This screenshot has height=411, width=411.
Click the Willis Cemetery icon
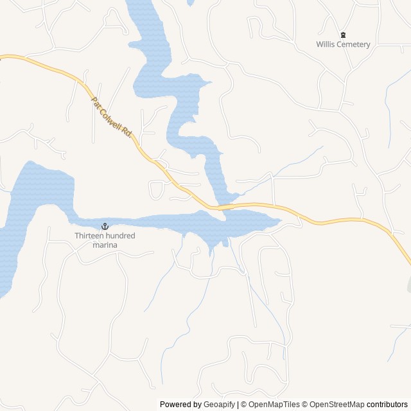coord(343,35)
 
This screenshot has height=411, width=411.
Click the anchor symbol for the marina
coord(105,227)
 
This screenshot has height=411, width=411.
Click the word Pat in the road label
coord(96,103)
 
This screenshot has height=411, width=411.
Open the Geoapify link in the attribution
coord(220,405)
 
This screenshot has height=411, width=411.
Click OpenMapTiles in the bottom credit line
coord(274,405)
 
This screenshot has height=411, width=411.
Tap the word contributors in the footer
coord(388,405)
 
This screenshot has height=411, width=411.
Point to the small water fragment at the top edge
coord(191,2)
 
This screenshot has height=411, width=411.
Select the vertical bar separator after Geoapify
coord(238,405)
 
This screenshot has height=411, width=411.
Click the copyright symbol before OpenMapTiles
coord(244,405)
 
